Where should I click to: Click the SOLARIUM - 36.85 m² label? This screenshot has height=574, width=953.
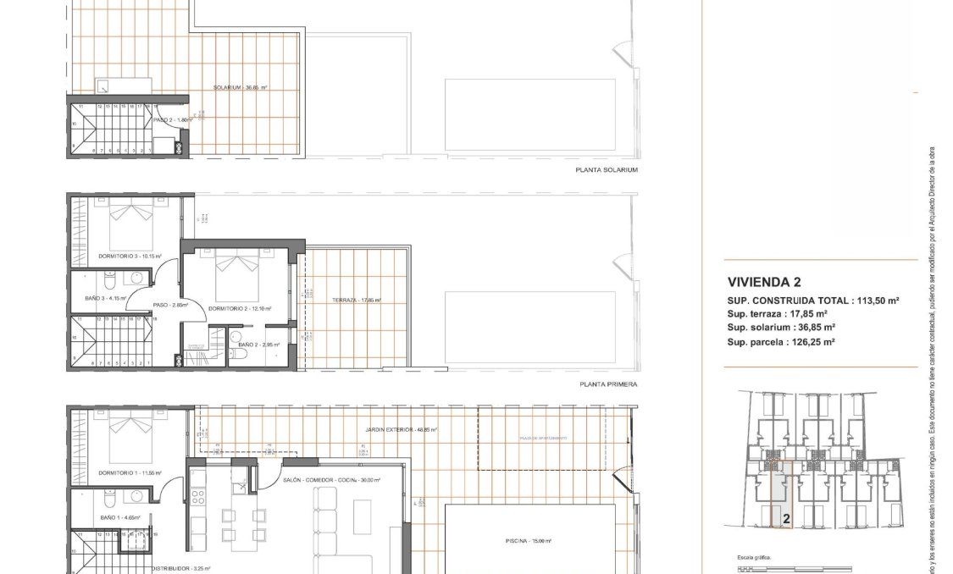pyautogui.click(x=241, y=88)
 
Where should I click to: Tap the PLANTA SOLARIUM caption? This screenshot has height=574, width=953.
pyautogui.click(x=606, y=170)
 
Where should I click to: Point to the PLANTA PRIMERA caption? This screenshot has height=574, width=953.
pyautogui.click(x=608, y=384)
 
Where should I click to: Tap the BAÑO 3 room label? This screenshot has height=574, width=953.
pyautogui.click(x=105, y=298)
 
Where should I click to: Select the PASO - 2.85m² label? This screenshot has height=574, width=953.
pyautogui.click(x=170, y=305)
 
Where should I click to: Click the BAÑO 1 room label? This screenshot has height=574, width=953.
pyautogui.click(x=114, y=516)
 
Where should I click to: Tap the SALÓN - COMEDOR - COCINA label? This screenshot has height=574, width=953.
pyautogui.click(x=332, y=480)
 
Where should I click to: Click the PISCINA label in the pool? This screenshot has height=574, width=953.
pyautogui.click(x=529, y=540)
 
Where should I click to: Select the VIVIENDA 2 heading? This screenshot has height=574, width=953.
pyautogui.click(x=764, y=282)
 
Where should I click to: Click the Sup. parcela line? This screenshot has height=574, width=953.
pyautogui.click(x=781, y=342)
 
